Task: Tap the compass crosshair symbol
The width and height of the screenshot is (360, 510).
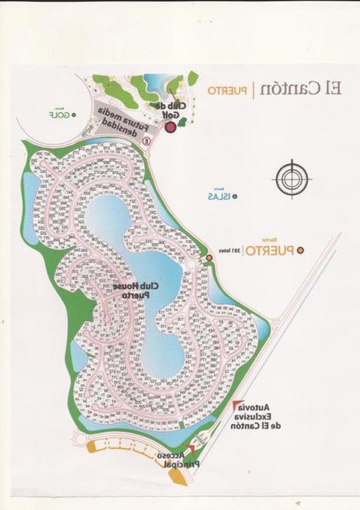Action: coord(293,178)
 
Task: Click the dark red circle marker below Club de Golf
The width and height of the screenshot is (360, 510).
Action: coord(170,128)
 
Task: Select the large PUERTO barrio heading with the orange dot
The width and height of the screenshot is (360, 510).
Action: coord(270,250)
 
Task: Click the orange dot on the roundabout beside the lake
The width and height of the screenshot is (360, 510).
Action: coord(209,259)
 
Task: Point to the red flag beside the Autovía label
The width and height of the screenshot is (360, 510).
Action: coord(235,405)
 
